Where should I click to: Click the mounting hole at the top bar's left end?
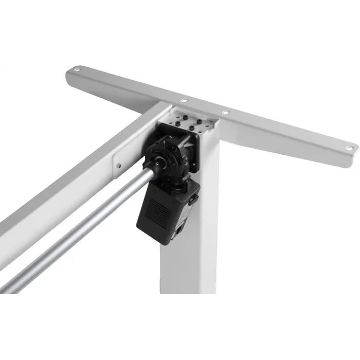tap(78, 68)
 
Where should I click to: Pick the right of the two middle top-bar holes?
tap(225, 112)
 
